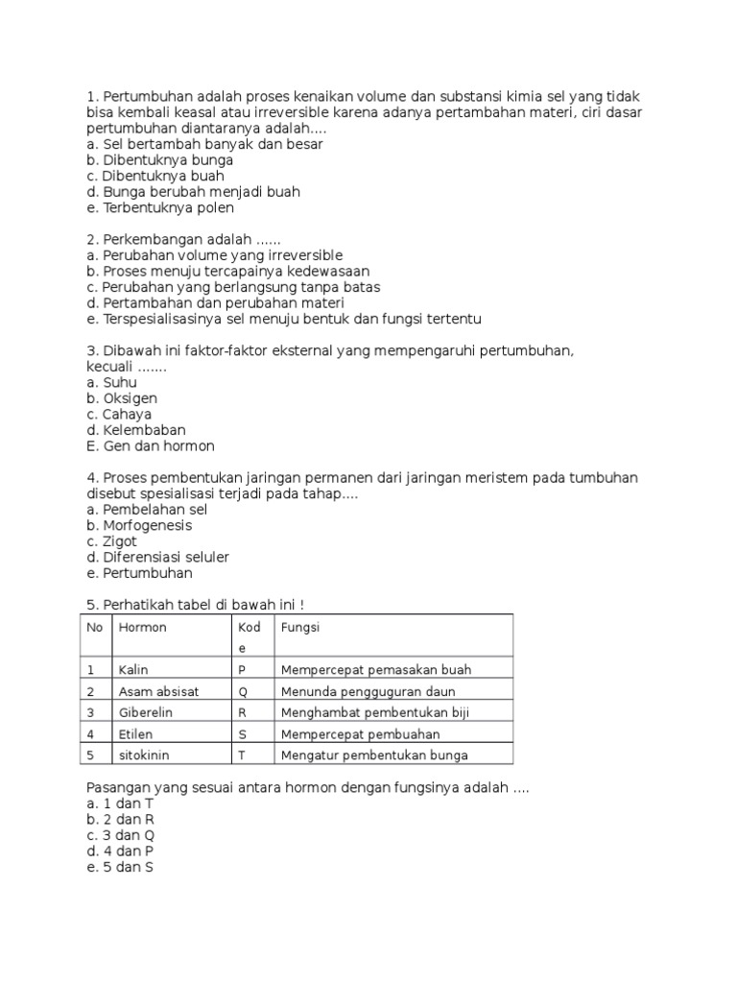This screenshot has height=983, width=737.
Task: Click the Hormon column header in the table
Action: click(142, 627)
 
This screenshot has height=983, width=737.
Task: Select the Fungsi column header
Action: click(299, 627)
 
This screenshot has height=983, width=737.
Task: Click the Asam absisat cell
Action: click(158, 691)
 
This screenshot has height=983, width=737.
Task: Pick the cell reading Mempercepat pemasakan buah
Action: click(376, 670)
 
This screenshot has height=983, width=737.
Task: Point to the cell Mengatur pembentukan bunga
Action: click(374, 755)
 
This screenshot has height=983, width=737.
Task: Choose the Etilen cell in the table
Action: click(136, 733)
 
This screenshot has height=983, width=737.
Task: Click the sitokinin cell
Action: click(144, 755)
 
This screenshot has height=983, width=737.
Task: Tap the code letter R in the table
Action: click(242, 712)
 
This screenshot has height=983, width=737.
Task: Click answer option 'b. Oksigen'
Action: click(122, 398)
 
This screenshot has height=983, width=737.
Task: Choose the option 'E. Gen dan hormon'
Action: click(151, 446)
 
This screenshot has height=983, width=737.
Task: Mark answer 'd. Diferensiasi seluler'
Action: click(158, 557)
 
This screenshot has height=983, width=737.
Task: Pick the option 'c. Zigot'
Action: click(112, 541)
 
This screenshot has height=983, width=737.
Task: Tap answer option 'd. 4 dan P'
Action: click(120, 851)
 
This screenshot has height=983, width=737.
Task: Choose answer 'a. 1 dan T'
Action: click(120, 803)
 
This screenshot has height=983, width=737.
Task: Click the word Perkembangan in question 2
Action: click(151, 239)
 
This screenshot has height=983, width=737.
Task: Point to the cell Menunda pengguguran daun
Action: click(368, 691)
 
